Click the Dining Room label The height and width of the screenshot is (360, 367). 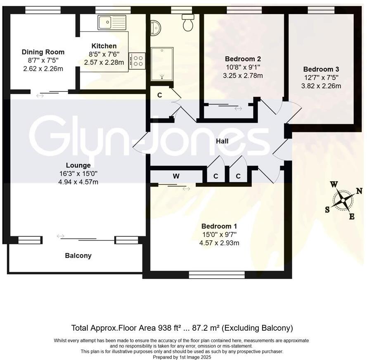tap(43, 52)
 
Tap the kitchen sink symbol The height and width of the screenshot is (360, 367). tap(111, 22)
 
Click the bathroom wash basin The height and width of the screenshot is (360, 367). tap(155, 28)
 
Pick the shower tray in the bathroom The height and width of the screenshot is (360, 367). tap(162, 64)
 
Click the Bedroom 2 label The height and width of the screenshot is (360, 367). tap(243, 59)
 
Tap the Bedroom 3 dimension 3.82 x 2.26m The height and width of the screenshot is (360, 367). tap(321, 86)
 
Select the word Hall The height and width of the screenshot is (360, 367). tap(222, 141)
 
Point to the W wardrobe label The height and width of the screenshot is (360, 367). tap(176, 176)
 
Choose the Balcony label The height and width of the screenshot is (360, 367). tap(78, 256)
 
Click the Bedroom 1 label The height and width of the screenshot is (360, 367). tap(219, 226)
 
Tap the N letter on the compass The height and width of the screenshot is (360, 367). tap(359, 191)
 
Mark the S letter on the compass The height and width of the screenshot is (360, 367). tap(327, 209)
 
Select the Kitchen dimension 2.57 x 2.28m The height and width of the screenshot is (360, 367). tap(104, 62)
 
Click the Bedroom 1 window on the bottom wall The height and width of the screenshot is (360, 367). tap(216, 275)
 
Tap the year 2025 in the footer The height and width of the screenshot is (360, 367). tap(205, 357)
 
